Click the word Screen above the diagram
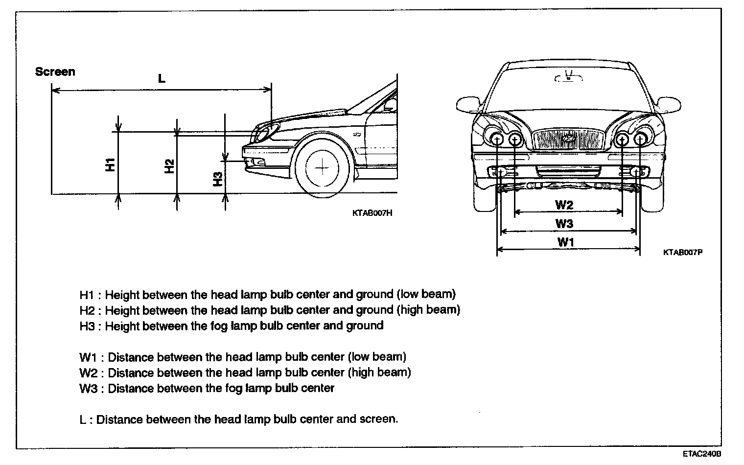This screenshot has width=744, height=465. [x=55, y=72]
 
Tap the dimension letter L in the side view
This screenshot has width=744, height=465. [x=162, y=79]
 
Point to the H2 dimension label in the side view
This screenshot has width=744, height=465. [x=169, y=166]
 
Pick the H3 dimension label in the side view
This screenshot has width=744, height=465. [x=218, y=179]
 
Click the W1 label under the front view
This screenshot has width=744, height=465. [x=566, y=242]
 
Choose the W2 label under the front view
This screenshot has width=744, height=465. [x=564, y=205]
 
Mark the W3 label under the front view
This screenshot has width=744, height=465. [x=564, y=224]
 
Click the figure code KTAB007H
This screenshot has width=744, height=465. [x=372, y=213]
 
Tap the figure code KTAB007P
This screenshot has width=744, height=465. [x=683, y=253]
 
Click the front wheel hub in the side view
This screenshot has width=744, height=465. [x=323, y=167]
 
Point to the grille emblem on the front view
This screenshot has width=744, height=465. [x=569, y=139]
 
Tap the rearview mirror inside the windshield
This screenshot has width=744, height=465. [x=568, y=77]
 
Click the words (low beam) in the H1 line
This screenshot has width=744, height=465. [x=426, y=295]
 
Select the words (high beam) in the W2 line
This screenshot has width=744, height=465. [x=379, y=372]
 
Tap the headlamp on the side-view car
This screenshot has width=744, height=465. [x=264, y=131]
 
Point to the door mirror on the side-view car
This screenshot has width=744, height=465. [x=390, y=104]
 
